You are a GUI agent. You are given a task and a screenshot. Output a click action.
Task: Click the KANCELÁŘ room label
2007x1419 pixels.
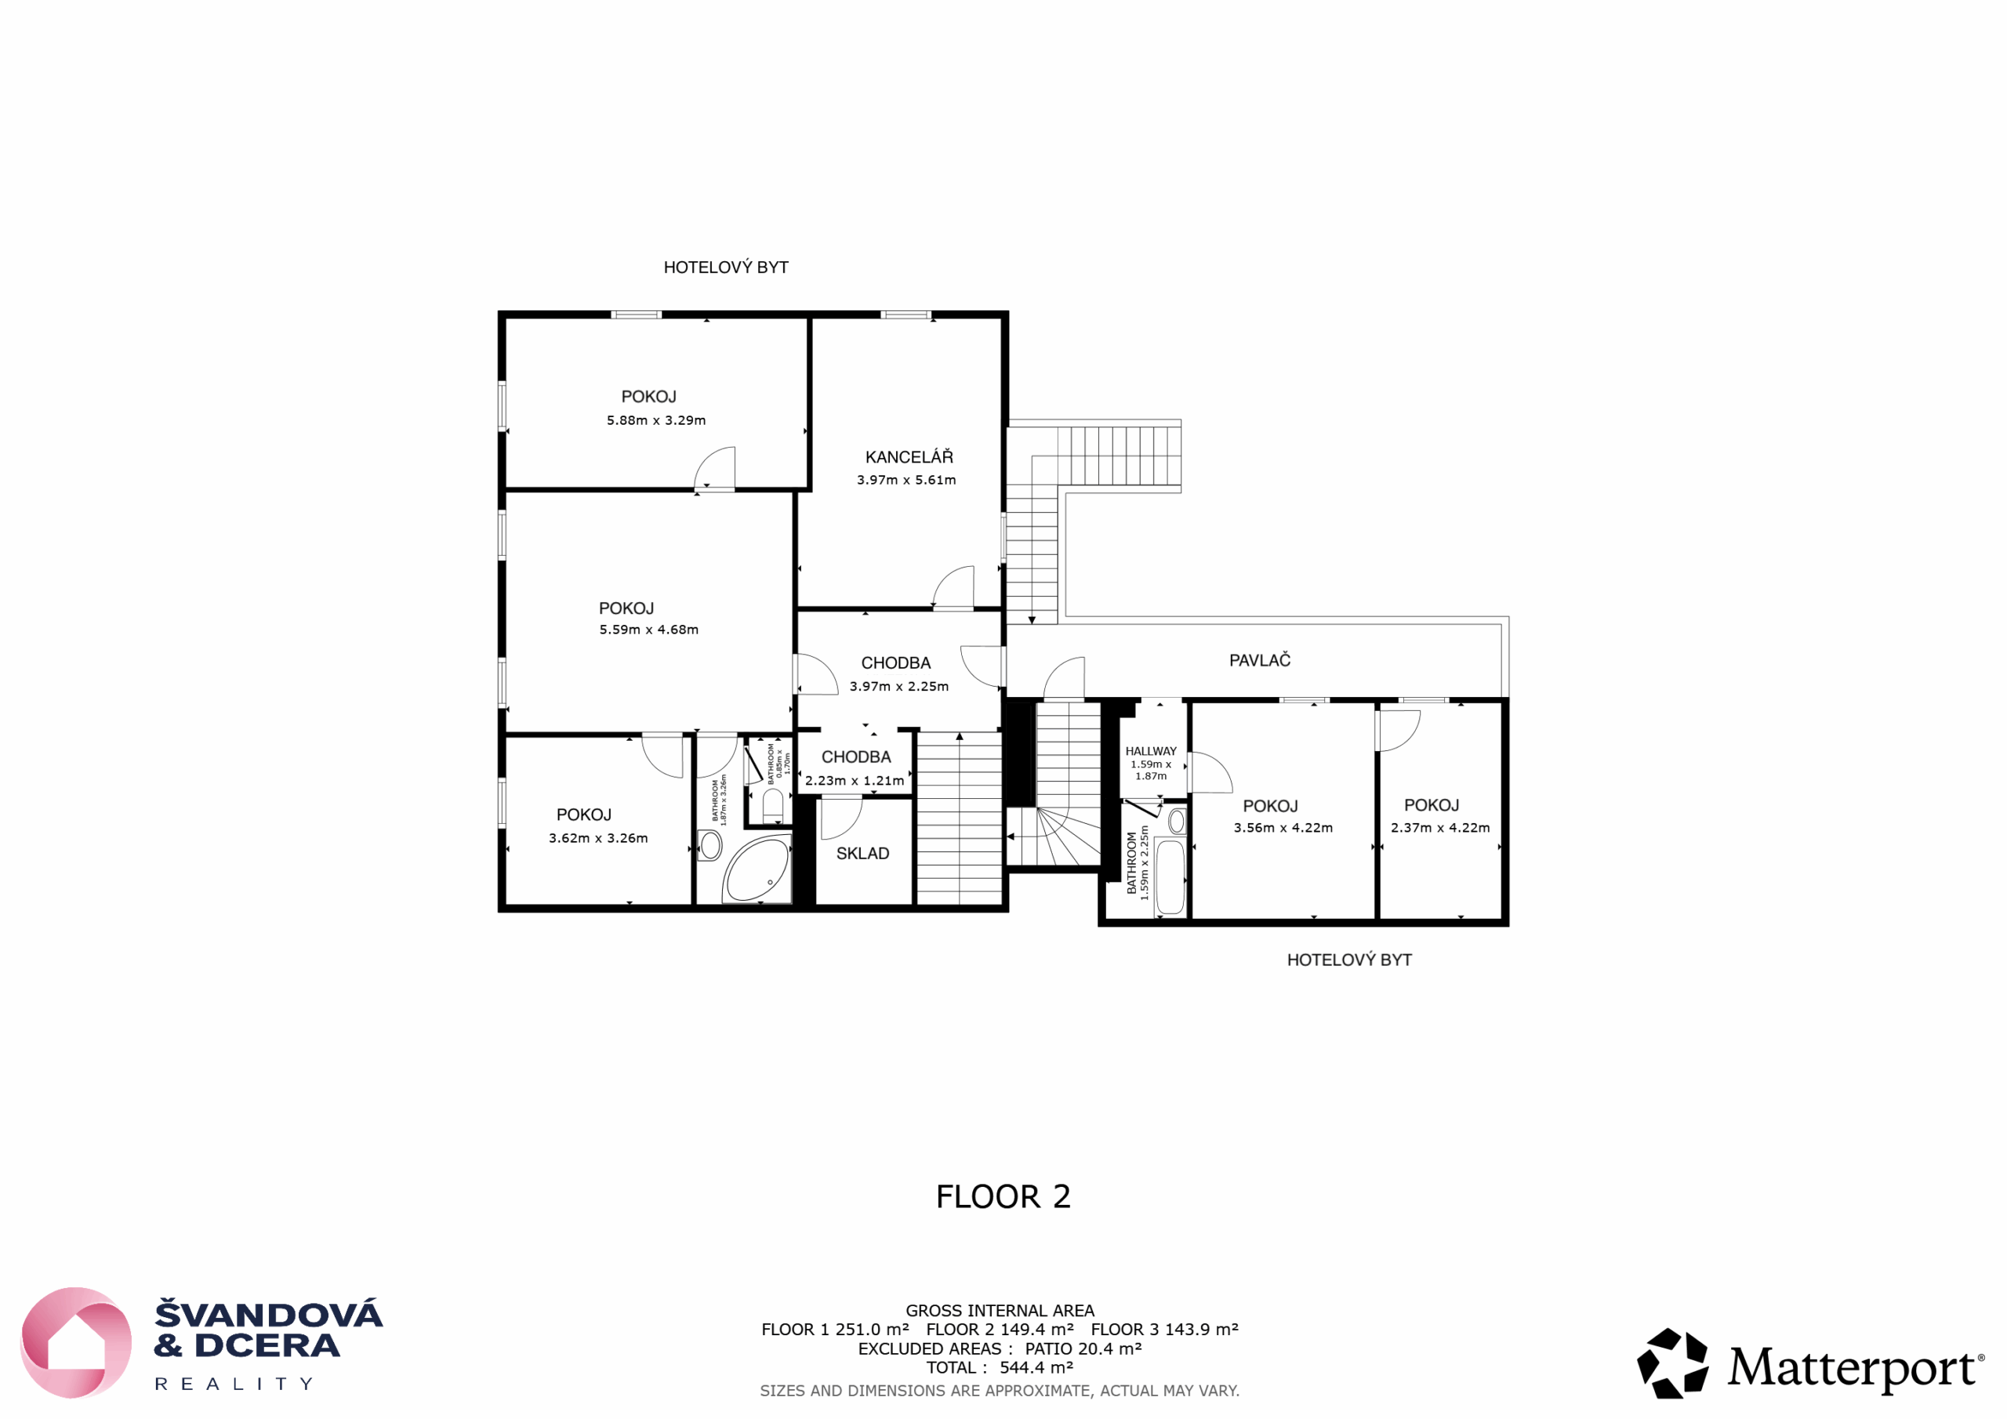(909, 456)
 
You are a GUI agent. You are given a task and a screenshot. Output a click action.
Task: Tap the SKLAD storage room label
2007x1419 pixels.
(862, 853)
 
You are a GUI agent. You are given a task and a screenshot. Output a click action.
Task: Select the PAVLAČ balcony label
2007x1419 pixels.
(1260, 660)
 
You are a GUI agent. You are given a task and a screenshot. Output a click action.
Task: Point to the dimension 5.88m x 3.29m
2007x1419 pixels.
(656, 419)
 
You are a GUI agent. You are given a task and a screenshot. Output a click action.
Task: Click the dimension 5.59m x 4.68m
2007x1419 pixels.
(648, 630)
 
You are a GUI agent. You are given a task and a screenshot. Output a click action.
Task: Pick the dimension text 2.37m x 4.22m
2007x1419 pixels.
(1440, 827)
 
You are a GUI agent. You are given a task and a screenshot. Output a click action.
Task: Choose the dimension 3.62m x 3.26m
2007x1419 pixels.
(599, 837)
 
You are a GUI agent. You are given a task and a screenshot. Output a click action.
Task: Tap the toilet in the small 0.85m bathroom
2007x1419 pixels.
(773, 805)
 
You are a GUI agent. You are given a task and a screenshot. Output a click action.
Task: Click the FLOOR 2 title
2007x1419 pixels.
(1003, 1196)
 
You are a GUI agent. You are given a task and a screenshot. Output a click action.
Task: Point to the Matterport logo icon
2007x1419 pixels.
(1672, 1363)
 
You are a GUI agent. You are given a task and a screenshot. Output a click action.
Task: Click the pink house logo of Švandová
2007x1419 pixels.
(76, 1343)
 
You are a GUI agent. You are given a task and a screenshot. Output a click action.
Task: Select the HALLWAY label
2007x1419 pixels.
(1151, 751)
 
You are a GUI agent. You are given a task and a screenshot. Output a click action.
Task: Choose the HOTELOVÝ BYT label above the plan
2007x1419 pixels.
(725, 267)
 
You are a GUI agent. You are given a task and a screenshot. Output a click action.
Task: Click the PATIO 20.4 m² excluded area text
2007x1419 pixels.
(1083, 1348)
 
